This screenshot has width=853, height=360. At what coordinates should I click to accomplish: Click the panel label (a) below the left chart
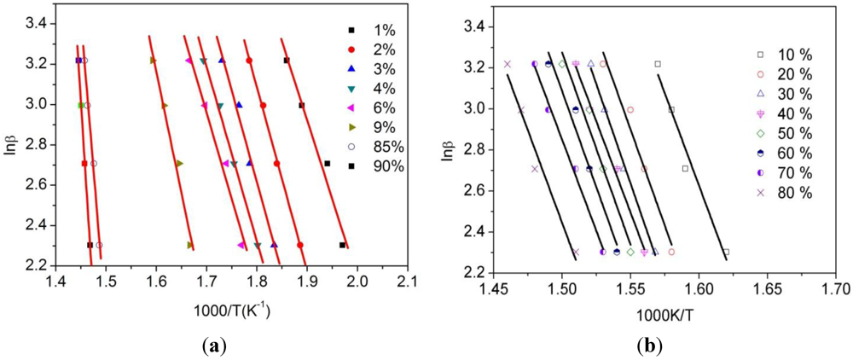[228, 345]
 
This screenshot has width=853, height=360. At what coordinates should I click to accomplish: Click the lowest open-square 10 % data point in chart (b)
[726, 252]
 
